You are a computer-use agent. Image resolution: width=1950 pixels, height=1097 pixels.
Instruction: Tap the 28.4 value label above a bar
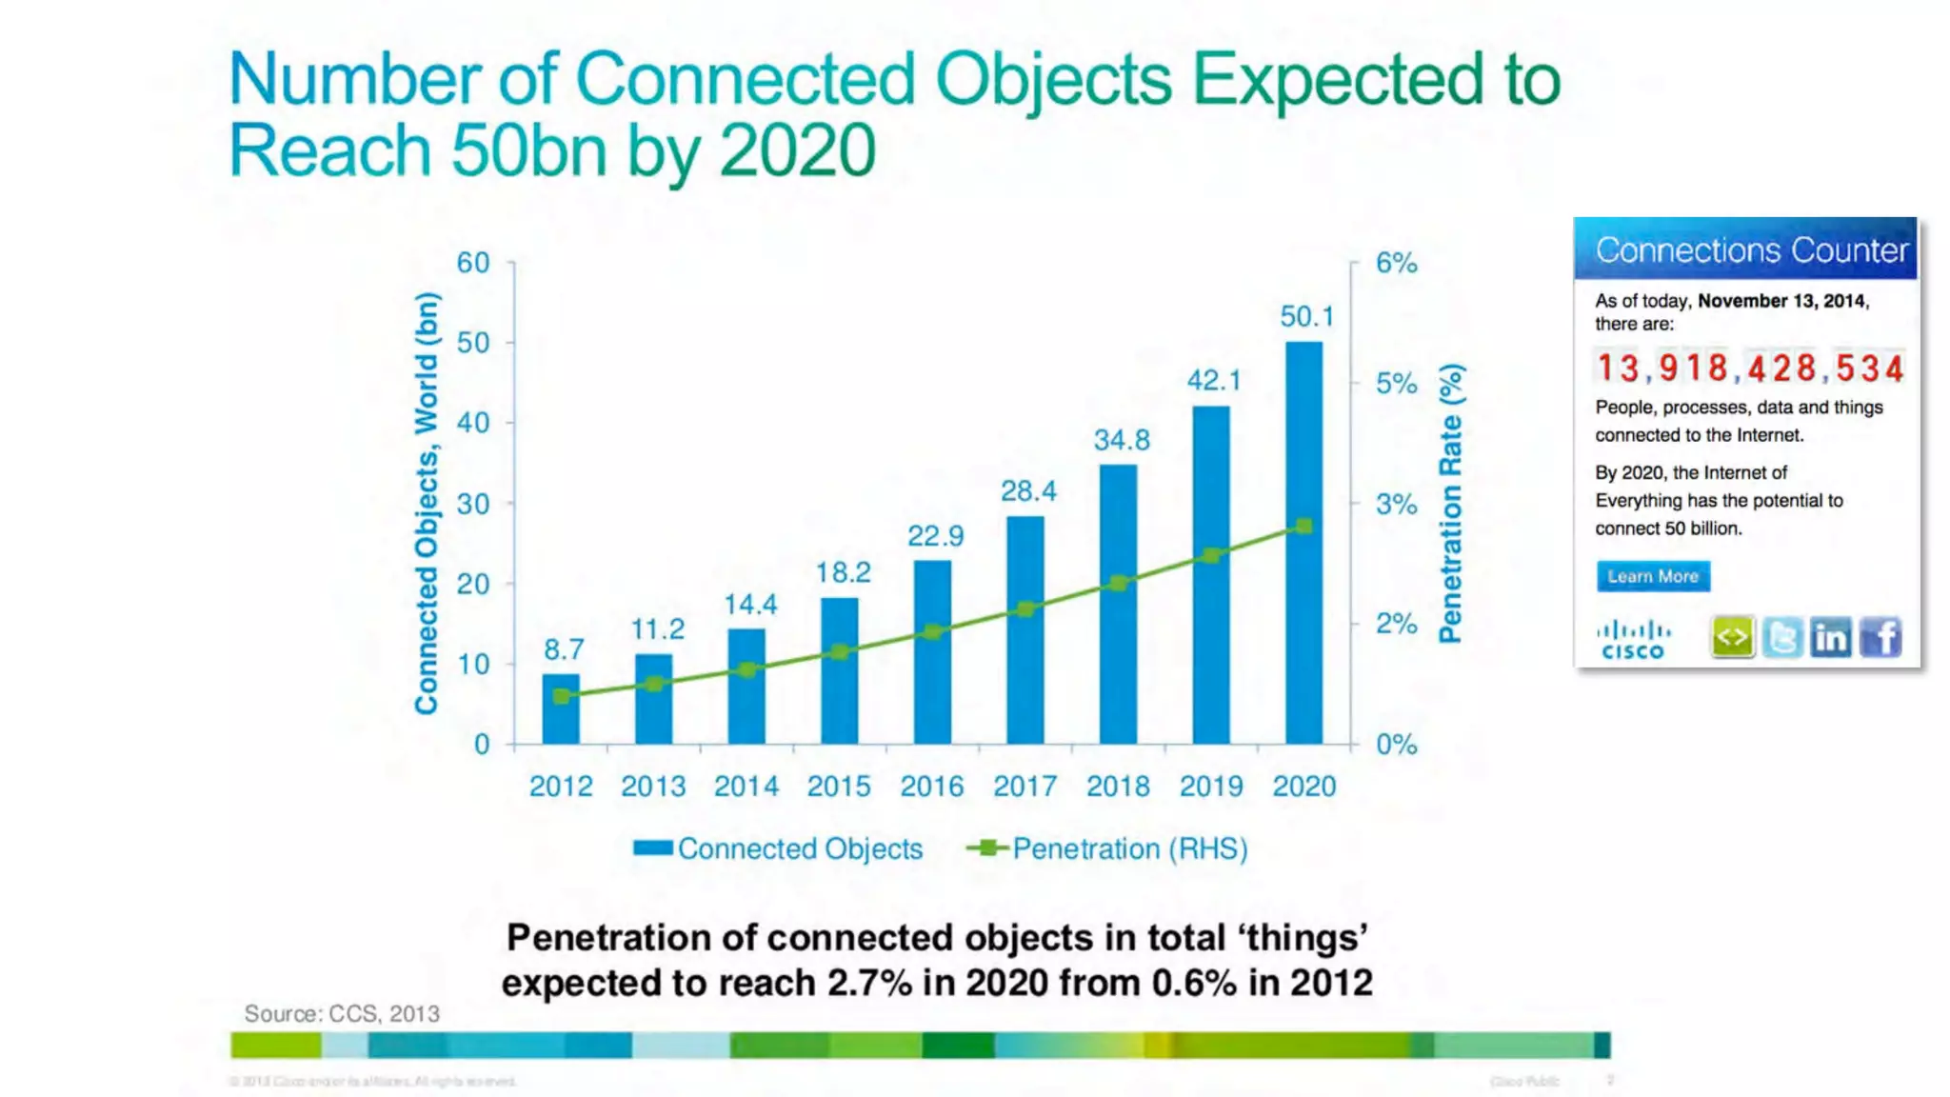(x=1028, y=491)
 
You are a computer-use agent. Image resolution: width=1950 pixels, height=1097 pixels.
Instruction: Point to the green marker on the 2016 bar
(x=933, y=632)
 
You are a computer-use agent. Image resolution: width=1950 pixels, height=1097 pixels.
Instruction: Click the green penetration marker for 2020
(x=1304, y=527)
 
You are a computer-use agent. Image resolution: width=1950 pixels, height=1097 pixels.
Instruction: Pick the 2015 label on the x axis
(x=839, y=787)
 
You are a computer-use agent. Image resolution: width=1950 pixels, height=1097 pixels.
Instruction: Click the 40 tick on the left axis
(x=473, y=423)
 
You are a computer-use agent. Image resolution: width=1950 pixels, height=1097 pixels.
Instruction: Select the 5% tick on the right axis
(x=1396, y=384)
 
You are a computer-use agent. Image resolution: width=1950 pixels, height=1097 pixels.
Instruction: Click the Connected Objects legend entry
(x=779, y=848)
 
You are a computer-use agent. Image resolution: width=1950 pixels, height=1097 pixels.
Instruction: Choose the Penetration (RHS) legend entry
(x=1107, y=848)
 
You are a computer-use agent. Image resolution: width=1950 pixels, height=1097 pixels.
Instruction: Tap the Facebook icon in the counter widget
(x=1880, y=637)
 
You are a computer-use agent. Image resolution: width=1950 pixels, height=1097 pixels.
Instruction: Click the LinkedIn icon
(x=1831, y=637)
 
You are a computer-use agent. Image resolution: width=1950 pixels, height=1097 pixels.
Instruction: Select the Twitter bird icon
(x=1781, y=637)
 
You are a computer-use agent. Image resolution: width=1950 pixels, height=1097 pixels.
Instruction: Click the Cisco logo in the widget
(x=1632, y=640)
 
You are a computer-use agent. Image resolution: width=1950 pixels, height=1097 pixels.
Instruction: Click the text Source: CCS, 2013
(x=342, y=1013)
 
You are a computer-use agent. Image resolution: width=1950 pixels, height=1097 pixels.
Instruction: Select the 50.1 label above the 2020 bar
(x=1306, y=317)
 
